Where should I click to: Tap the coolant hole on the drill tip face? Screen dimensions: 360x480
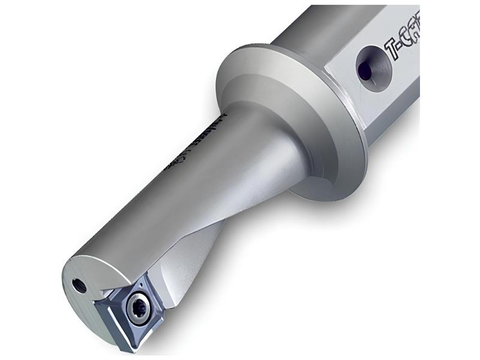pyautogui.click(x=77, y=284)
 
